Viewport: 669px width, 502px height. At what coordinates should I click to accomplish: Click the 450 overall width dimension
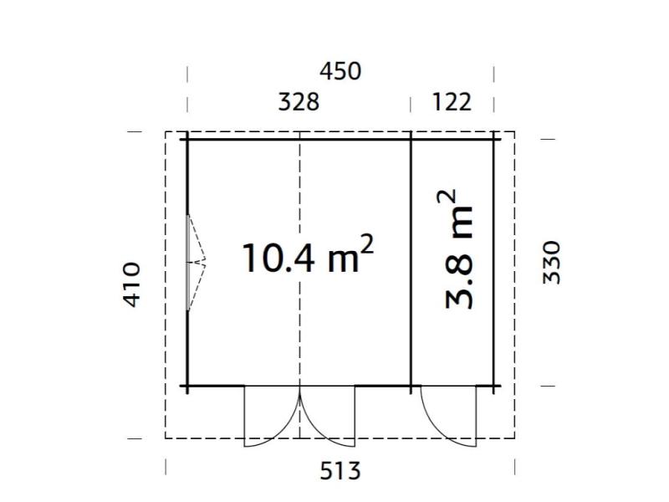click(x=340, y=72)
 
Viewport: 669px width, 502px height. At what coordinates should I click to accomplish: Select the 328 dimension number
click(x=299, y=102)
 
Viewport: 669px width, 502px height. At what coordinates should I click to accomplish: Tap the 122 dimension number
click(x=452, y=102)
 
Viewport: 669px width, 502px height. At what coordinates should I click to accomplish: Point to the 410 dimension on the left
click(x=132, y=284)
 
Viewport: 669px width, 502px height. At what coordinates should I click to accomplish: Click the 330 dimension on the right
click(x=552, y=262)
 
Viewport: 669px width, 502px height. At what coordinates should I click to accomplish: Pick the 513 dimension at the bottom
click(x=340, y=471)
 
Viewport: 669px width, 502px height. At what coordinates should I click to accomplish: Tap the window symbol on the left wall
click(x=195, y=263)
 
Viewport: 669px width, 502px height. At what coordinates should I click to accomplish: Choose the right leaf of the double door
click(x=331, y=418)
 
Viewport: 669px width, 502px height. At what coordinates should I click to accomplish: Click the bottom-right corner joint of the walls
click(x=494, y=387)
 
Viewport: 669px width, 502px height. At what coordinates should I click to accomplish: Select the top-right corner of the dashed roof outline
click(x=514, y=132)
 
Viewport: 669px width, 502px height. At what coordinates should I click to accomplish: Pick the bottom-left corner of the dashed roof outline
click(x=166, y=438)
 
